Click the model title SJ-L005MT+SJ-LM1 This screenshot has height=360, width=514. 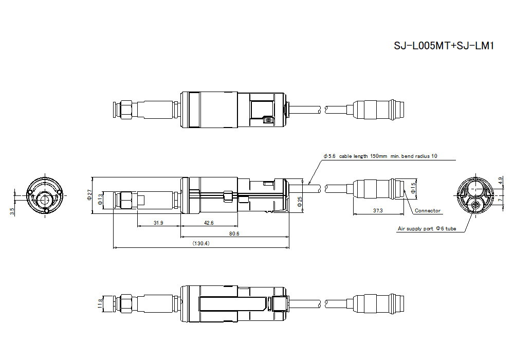pos(444,46)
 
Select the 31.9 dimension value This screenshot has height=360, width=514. pos(159,223)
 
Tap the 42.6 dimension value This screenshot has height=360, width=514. pos(209,223)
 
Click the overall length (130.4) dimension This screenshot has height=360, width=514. pos(200,243)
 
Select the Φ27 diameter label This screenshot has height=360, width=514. pos(89,193)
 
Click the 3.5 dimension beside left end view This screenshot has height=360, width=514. pos(11,211)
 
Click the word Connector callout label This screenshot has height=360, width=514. pos(427,211)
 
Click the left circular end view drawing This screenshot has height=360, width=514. pos(44,195)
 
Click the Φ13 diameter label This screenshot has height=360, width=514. pos(101,199)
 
